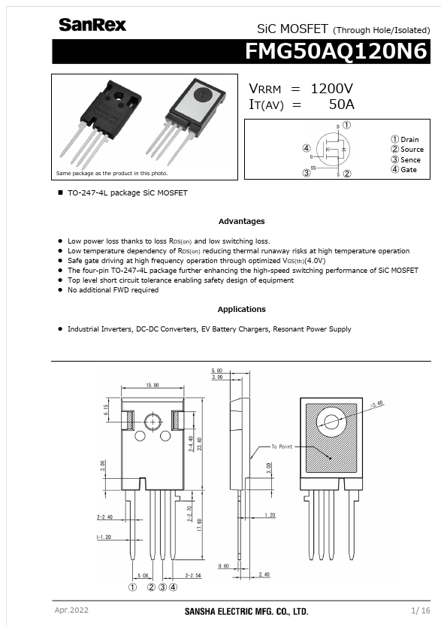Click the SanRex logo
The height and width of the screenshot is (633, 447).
[92, 25]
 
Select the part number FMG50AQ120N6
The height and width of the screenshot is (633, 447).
[336, 52]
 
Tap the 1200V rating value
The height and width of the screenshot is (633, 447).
[331, 89]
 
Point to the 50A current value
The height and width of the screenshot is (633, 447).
[341, 104]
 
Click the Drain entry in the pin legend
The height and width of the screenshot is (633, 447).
[405, 139]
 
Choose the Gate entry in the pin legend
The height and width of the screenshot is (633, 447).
[403, 170]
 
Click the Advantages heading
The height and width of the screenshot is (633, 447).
[242, 221]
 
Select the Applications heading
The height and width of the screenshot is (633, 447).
[242, 309]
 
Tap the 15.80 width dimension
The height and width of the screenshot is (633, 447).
[153, 385]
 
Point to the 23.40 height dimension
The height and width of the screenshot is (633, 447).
[199, 444]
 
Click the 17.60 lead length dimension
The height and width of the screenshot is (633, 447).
[199, 525]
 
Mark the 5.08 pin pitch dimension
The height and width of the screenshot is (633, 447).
[143, 575]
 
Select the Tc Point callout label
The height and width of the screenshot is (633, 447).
[282, 447]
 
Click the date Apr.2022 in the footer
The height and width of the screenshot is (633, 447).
[71, 610]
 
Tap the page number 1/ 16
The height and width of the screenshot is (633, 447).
[421, 610]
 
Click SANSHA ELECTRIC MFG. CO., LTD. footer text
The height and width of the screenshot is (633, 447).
[246, 611]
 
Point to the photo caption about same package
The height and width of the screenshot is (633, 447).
[112, 173]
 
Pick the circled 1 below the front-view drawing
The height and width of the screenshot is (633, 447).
[132, 587]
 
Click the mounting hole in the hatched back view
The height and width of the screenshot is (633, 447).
[331, 422]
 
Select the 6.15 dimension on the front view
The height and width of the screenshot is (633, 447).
[106, 410]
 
